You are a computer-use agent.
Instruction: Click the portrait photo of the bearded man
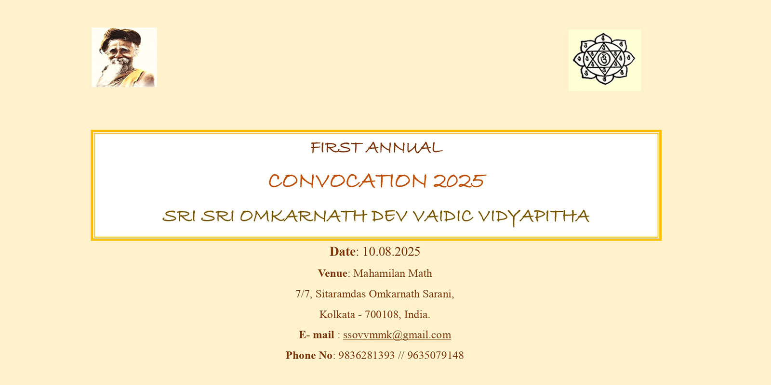point(124,57)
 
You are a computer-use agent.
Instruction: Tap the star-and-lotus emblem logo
point(604,60)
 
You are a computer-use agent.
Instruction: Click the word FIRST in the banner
point(335,148)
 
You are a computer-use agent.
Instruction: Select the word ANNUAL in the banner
point(404,148)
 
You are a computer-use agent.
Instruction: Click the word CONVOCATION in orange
point(347,181)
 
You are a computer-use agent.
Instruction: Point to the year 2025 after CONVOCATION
point(459,181)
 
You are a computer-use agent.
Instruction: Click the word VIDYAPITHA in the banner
point(534,217)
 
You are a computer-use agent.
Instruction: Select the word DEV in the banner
point(389,216)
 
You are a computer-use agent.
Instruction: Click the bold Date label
point(343,252)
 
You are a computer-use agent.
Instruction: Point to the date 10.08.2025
point(391,252)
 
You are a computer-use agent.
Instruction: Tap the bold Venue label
point(332,273)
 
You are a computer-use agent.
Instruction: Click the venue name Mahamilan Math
point(392,273)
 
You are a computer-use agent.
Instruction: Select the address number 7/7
point(303,294)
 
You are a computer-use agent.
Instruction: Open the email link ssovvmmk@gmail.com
point(397,335)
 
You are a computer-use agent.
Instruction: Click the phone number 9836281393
point(366,356)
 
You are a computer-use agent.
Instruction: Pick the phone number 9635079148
point(436,356)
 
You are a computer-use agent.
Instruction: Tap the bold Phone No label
point(309,356)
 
